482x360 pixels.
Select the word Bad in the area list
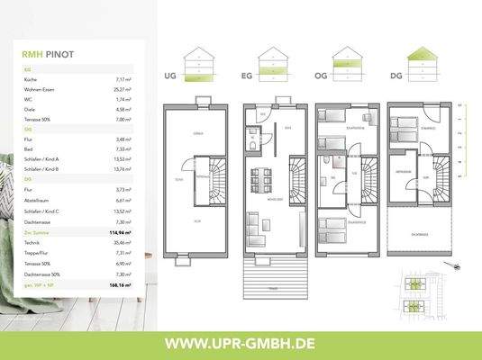(28, 148)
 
